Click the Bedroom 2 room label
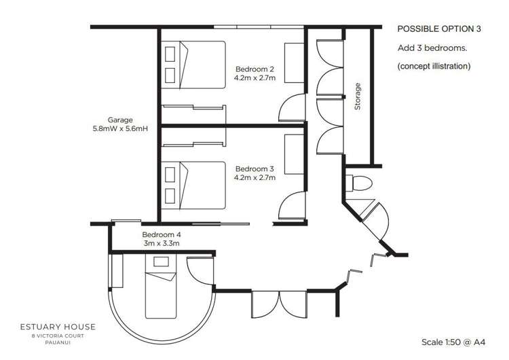[x=254, y=69]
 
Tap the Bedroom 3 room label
[x=254, y=168]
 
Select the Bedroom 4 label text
[x=162, y=235]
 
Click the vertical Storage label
[x=358, y=96]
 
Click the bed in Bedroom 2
[x=196, y=65]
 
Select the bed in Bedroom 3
[x=196, y=184]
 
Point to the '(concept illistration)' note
[x=434, y=67]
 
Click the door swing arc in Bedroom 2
[x=290, y=105]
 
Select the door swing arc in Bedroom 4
[x=201, y=274]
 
